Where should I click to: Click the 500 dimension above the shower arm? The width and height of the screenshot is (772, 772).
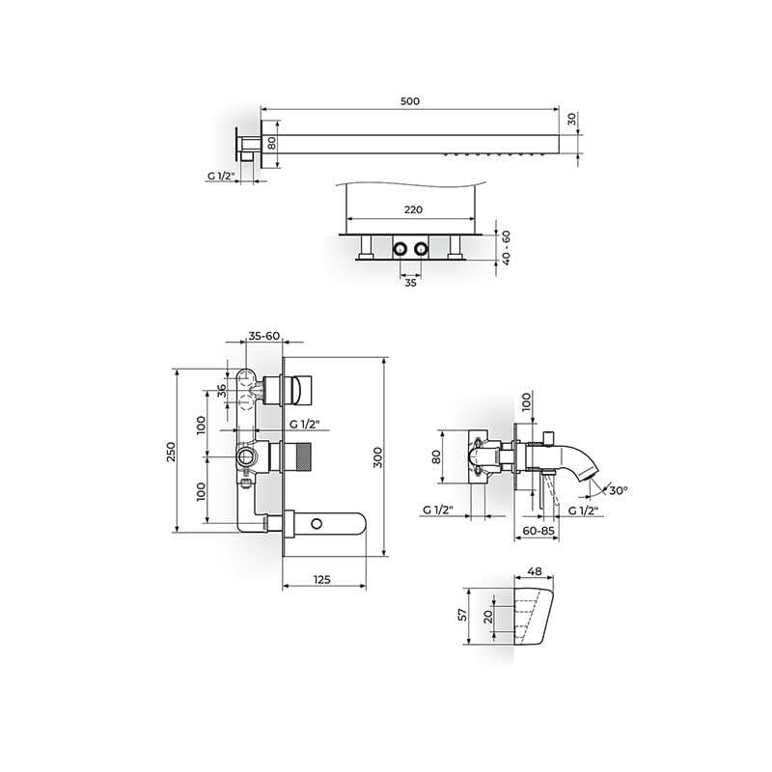pyautogui.click(x=409, y=101)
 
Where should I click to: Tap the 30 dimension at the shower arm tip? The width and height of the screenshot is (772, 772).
pyautogui.click(x=571, y=119)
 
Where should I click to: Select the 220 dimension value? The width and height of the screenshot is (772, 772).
pyautogui.click(x=413, y=209)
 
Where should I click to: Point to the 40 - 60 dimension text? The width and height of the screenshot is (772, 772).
pyautogui.click(x=506, y=248)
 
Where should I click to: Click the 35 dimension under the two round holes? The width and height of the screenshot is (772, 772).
pyautogui.click(x=411, y=283)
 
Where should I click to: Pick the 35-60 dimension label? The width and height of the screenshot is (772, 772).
pyautogui.click(x=263, y=336)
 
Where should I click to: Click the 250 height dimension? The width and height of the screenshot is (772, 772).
pyautogui.click(x=171, y=452)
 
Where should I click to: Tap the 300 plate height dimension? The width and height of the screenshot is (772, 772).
pyautogui.click(x=377, y=457)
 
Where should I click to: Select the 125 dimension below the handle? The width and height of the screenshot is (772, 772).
pyautogui.click(x=321, y=580)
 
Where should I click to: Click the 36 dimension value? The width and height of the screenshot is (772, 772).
pyautogui.click(x=222, y=391)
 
